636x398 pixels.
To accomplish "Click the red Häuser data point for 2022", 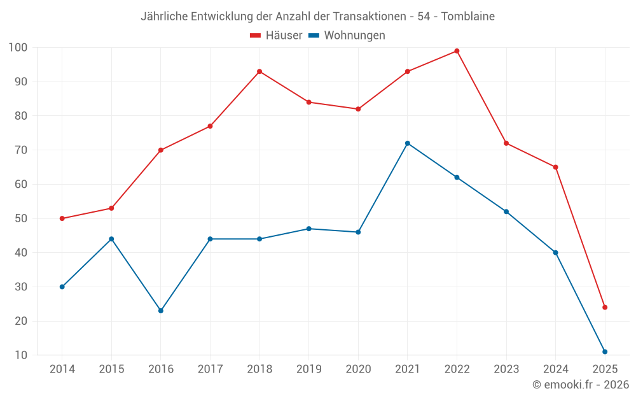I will [x=457, y=51].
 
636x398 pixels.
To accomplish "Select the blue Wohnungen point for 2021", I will [x=408, y=143].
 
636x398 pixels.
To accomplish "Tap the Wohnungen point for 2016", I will [x=161, y=311].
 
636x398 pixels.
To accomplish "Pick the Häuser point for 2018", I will [x=259, y=71].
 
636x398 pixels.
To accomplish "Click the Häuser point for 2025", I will [x=605, y=308].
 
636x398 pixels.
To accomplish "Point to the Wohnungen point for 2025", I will [x=605, y=352].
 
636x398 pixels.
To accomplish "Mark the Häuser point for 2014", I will [x=62, y=218].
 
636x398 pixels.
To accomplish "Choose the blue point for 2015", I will [x=111, y=239].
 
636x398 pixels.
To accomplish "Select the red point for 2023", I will [x=506, y=143].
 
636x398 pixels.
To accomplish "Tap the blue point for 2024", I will [x=556, y=253].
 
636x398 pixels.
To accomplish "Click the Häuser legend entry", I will [x=276, y=36].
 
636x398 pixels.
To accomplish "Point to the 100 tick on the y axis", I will [x=18, y=48].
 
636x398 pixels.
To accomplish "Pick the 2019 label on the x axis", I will [x=309, y=369].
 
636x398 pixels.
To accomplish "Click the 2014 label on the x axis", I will [x=62, y=369].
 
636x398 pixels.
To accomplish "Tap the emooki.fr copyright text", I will [x=581, y=385].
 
